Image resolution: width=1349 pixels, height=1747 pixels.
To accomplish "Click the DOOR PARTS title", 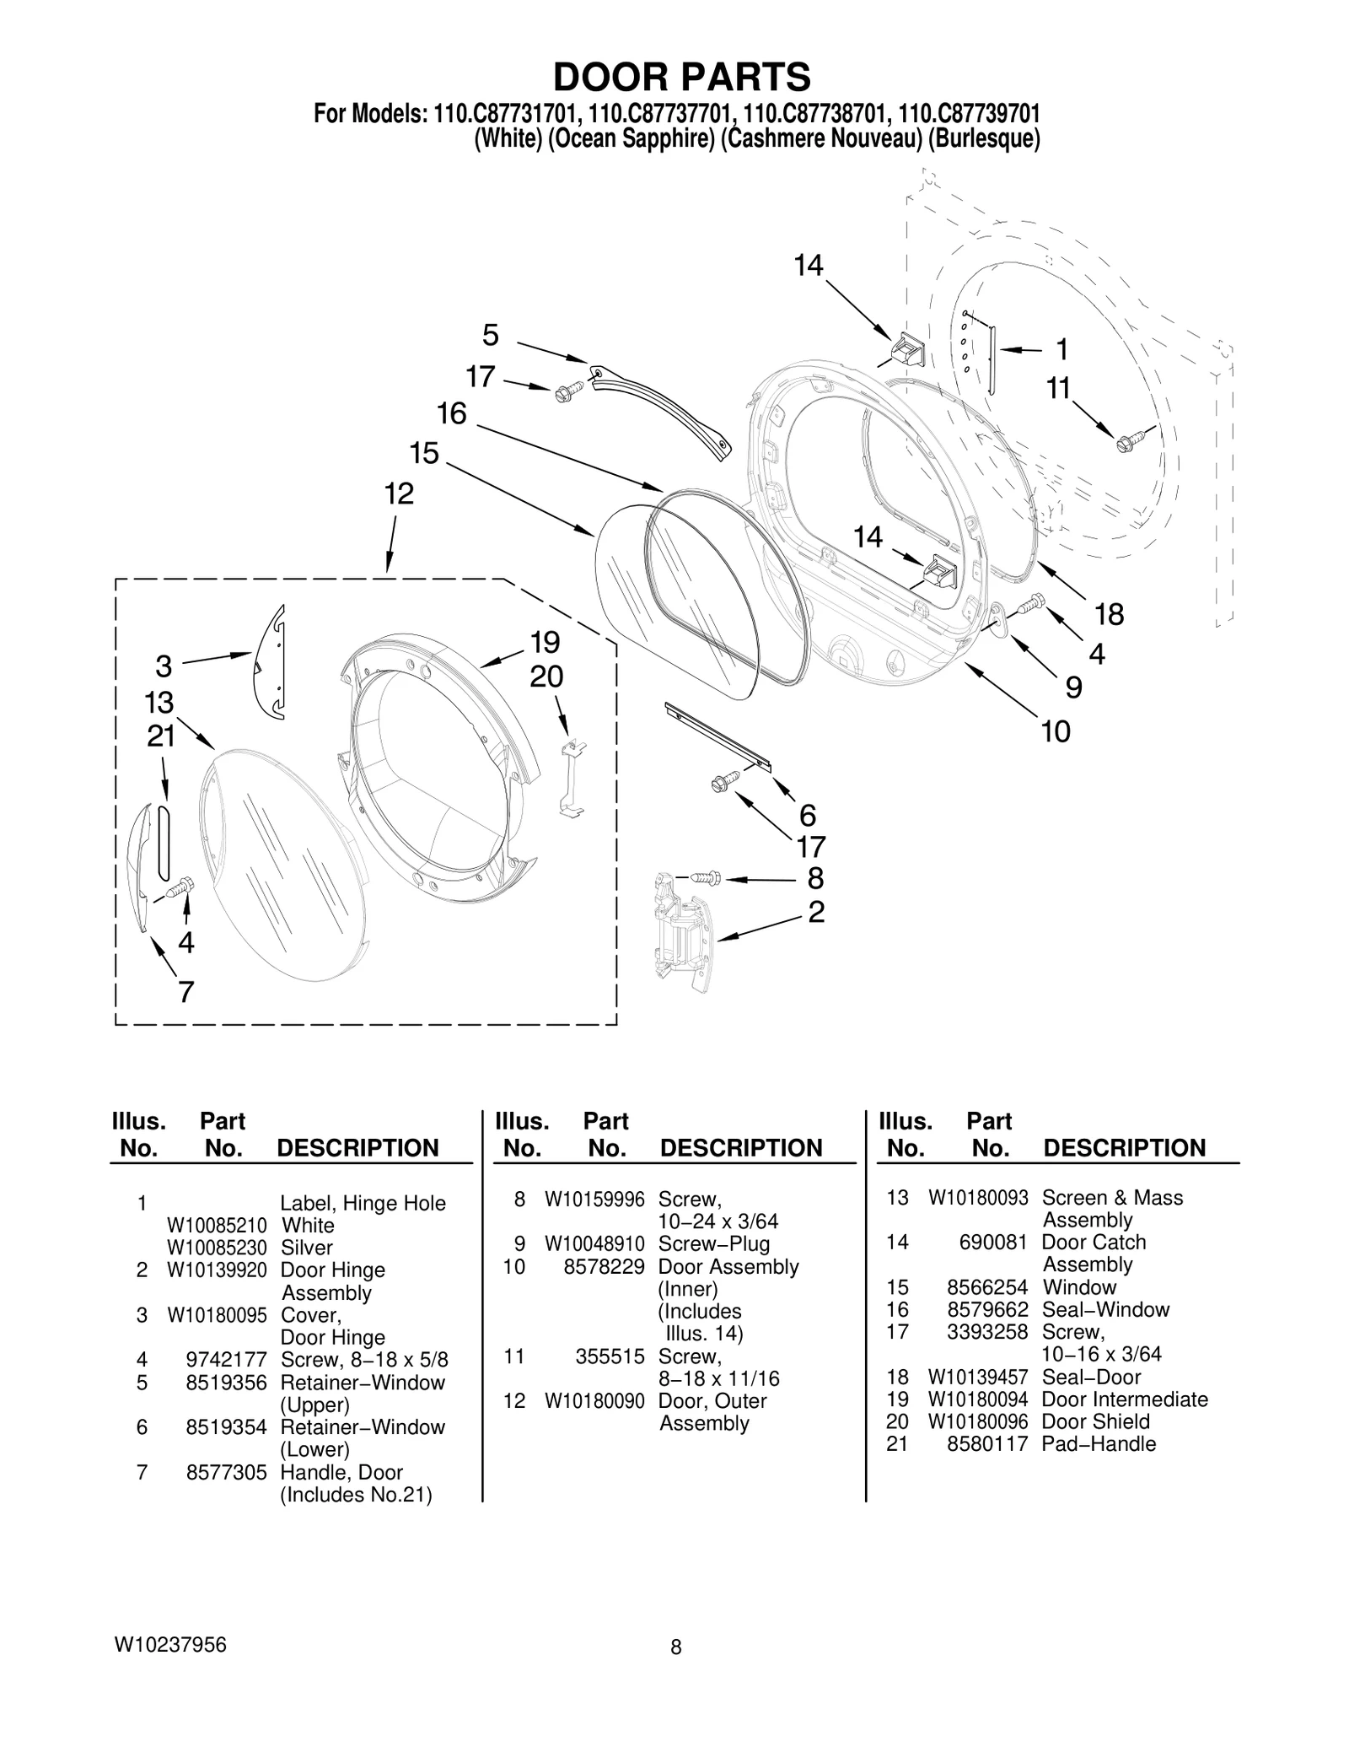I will click(681, 77).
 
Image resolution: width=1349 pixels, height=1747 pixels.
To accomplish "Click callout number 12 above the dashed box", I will click(399, 493).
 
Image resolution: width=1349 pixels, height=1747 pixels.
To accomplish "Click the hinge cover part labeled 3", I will click(271, 662).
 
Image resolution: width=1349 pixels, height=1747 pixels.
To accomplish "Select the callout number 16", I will click(451, 414).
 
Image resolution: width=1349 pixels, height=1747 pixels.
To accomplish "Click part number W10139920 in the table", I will click(217, 1270).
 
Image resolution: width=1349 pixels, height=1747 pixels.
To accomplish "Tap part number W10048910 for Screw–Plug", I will click(594, 1244).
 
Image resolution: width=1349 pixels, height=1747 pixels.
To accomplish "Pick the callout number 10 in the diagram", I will click(1055, 731).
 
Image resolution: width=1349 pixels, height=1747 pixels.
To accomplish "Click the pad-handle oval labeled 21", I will click(164, 842).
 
